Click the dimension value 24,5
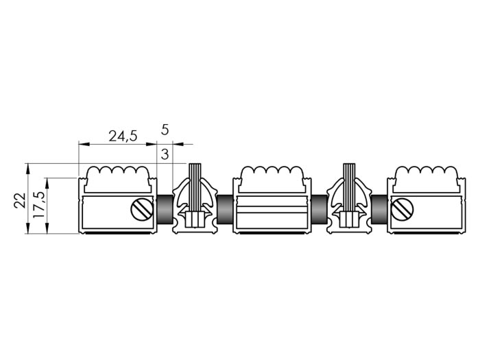pos(123,136)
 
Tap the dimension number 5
pos(165,130)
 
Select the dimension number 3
pos(165,154)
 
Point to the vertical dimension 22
pos(20,200)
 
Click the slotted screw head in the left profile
pos(142,210)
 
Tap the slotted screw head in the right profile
pos(403,210)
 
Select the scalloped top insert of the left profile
pos(118,179)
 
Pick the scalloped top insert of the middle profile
pos(273,179)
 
